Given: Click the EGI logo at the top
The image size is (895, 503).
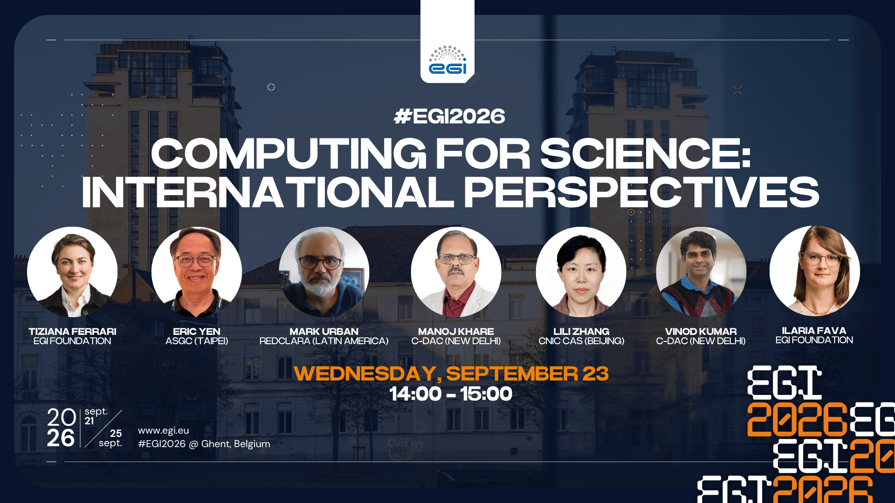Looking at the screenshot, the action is [x=447, y=60].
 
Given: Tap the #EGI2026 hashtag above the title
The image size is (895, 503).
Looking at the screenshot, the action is [x=449, y=116].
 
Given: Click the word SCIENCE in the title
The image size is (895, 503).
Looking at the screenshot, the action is [x=646, y=154].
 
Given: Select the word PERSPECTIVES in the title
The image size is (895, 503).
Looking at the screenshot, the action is [x=641, y=192].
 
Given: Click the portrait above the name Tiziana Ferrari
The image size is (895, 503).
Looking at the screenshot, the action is [x=72, y=272].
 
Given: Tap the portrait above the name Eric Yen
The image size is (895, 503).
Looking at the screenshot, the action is [x=197, y=272].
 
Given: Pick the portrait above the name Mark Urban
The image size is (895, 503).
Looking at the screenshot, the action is [x=324, y=272].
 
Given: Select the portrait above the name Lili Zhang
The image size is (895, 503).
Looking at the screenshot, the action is [x=581, y=272].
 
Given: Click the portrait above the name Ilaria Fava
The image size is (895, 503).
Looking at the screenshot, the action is [x=815, y=271].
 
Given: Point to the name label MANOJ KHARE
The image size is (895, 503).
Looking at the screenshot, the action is [x=456, y=332].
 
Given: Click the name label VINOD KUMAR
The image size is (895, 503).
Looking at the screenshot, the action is [x=701, y=332].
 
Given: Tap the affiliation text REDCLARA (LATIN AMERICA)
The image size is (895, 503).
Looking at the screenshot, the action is [x=324, y=341].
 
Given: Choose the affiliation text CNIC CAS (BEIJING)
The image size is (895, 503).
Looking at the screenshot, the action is [x=581, y=341].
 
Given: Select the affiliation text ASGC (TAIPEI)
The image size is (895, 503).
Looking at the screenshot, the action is [x=197, y=341].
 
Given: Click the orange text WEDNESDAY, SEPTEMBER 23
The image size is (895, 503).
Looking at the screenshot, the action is [x=451, y=374].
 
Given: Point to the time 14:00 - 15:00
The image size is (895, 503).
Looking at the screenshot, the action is [x=451, y=394].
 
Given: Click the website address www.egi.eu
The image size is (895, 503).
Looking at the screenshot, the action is [x=164, y=431].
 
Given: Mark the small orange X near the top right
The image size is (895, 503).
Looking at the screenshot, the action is [x=737, y=90].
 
